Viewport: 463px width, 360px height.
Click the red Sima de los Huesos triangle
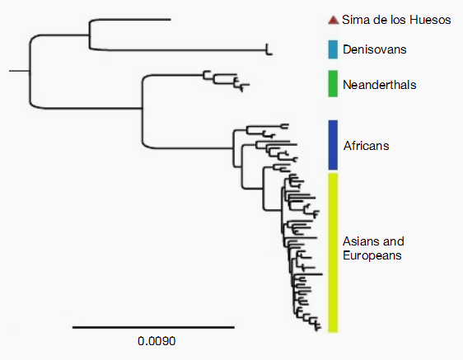pos(334,20)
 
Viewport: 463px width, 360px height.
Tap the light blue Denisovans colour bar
pos(333,49)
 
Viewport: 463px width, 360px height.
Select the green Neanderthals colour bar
pos(333,83)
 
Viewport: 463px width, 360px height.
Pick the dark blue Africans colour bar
pos(333,145)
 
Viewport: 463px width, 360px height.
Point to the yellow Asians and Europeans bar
pos(333,253)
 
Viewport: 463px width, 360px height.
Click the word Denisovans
pos(374,49)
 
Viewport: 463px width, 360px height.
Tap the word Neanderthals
pos(380,85)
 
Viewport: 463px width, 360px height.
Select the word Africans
pos(366,146)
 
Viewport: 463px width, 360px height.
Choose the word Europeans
pos(372,255)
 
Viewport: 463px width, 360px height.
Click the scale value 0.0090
pos(157,341)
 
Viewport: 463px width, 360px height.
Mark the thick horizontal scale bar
pos(153,327)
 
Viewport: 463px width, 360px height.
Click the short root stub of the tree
pos(19,71)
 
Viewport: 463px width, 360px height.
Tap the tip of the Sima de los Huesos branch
pos(171,20)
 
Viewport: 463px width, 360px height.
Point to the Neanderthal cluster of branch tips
pos(227,81)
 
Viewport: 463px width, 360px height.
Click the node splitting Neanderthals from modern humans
pos(143,109)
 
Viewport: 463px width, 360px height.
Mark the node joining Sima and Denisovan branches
pos(89,35)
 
